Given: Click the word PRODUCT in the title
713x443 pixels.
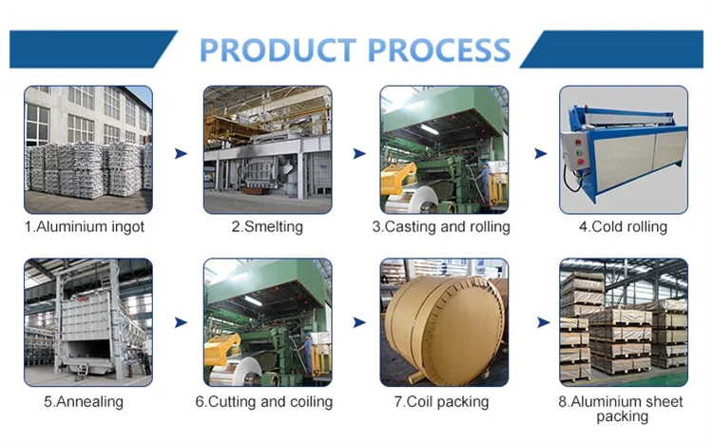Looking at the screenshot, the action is (276, 48).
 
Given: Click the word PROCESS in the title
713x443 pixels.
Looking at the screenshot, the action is (435, 48).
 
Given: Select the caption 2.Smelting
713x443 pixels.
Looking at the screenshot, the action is (267, 227).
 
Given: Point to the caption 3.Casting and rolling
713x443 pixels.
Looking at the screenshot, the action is (441, 227).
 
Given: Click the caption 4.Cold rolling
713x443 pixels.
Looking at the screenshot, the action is (623, 227).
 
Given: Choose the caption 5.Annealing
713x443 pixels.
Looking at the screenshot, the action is (84, 401).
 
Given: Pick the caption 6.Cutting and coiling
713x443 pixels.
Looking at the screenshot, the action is (264, 401).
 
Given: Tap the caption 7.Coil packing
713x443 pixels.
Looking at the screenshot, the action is (441, 401).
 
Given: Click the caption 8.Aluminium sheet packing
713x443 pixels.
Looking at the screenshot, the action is (622, 408).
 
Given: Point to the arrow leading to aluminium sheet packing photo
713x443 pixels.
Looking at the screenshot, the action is (542, 323).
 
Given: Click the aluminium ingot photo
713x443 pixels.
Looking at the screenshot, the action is (87, 149).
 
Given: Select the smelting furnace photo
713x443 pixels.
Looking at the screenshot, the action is (267, 149).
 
